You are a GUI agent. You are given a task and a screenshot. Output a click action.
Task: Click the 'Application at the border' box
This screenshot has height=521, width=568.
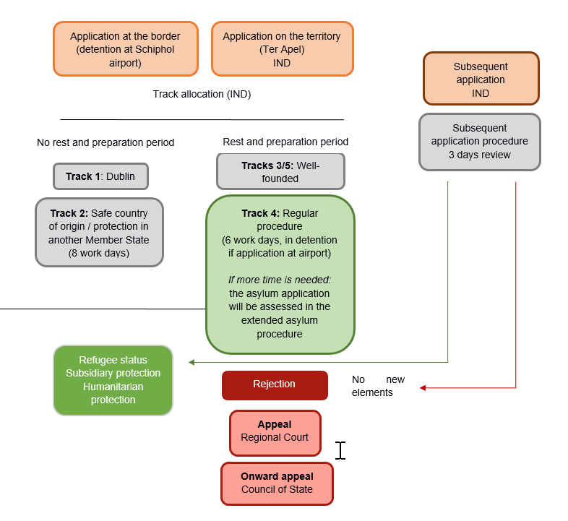(125, 48)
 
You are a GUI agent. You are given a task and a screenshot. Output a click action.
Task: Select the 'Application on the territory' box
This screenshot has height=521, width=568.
(282, 48)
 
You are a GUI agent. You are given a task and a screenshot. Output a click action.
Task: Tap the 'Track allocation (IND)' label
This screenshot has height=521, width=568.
(202, 94)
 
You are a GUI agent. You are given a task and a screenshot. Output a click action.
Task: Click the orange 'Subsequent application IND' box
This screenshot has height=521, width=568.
(481, 79)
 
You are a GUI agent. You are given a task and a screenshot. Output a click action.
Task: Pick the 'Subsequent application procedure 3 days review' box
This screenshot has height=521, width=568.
(479, 142)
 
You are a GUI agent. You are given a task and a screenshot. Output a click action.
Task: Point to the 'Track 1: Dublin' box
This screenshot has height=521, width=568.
(100, 176)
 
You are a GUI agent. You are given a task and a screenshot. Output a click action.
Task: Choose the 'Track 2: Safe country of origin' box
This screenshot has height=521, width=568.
(99, 233)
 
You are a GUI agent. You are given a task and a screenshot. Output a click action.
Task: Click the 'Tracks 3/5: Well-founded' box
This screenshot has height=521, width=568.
(280, 172)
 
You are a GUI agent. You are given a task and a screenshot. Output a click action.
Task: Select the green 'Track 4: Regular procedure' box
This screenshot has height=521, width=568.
(280, 274)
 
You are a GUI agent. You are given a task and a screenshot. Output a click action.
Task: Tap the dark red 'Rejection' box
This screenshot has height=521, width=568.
(274, 384)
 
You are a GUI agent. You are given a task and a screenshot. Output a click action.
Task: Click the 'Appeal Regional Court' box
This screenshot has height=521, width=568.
(275, 432)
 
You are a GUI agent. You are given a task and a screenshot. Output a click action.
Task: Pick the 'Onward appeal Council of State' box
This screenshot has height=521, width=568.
(277, 483)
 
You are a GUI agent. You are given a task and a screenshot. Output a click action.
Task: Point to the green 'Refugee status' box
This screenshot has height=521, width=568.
(113, 380)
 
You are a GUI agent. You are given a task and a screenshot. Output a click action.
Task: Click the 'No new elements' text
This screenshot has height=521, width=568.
(378, 386)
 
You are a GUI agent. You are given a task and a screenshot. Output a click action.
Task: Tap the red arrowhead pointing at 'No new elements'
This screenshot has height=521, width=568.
(423, 388)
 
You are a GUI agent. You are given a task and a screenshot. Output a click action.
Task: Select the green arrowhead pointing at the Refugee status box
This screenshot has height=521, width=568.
(192, 361)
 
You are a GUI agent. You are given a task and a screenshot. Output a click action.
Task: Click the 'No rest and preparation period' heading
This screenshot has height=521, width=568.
(106, 142)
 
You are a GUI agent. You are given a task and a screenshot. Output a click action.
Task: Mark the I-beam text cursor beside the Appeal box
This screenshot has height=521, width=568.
(340, 450)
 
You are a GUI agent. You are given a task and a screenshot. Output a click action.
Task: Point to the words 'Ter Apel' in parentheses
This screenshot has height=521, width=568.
(282, 49)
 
